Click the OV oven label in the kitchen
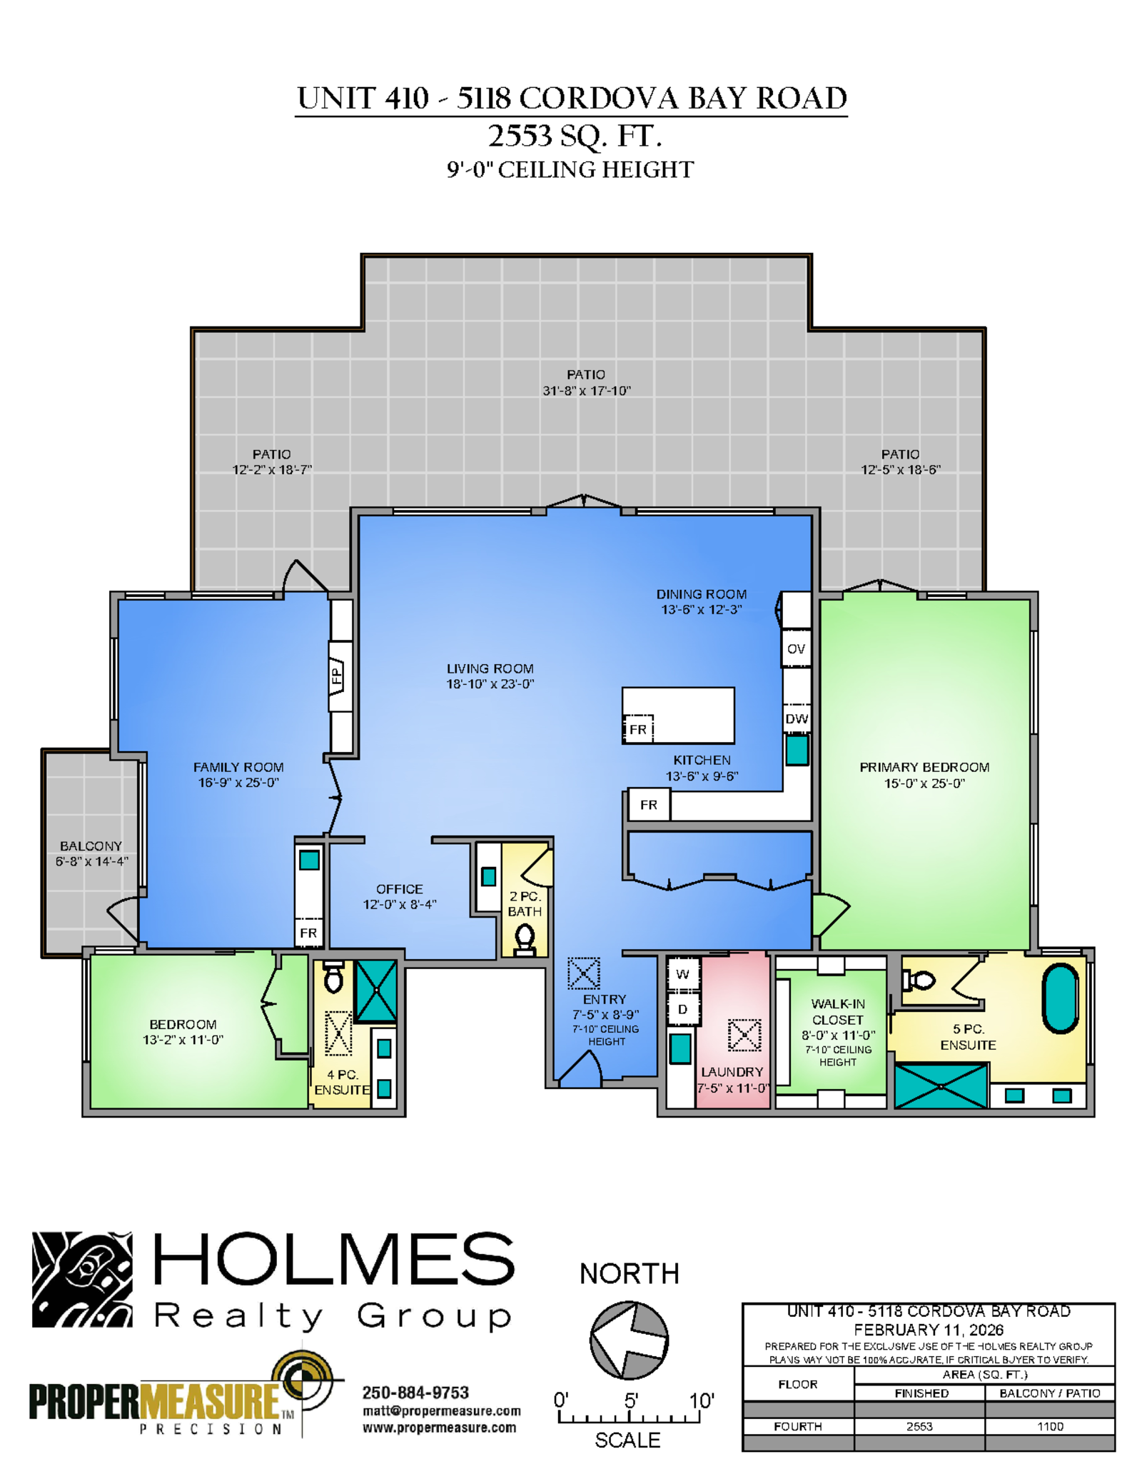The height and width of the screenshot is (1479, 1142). pos(796,648)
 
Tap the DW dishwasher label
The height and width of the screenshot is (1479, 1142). pos(797,718)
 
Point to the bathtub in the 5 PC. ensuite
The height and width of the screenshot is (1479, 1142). pos(1060,998)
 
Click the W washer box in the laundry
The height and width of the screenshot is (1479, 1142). pos(683,973)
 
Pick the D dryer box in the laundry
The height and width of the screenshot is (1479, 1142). pos(683,1009)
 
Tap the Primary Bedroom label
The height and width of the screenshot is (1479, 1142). pos(924,767)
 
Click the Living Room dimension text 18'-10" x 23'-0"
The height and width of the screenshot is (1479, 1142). pos(490,684)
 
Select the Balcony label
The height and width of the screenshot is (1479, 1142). pos(91,846)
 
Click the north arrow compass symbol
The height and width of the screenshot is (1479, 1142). pos(629,1340)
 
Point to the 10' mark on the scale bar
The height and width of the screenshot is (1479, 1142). pos(702,1400)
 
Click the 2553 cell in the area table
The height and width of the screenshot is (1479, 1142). pos(919,1426)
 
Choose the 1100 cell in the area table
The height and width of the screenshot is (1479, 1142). pos(1050,1426)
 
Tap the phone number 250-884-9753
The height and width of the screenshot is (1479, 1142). pos(415,1393)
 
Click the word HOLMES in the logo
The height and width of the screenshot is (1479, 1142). pos(334,1259)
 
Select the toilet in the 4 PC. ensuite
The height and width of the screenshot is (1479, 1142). pos(333,976)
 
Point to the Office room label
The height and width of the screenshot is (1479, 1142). pos(400,889)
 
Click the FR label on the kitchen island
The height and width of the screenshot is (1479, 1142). pos(638,729)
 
